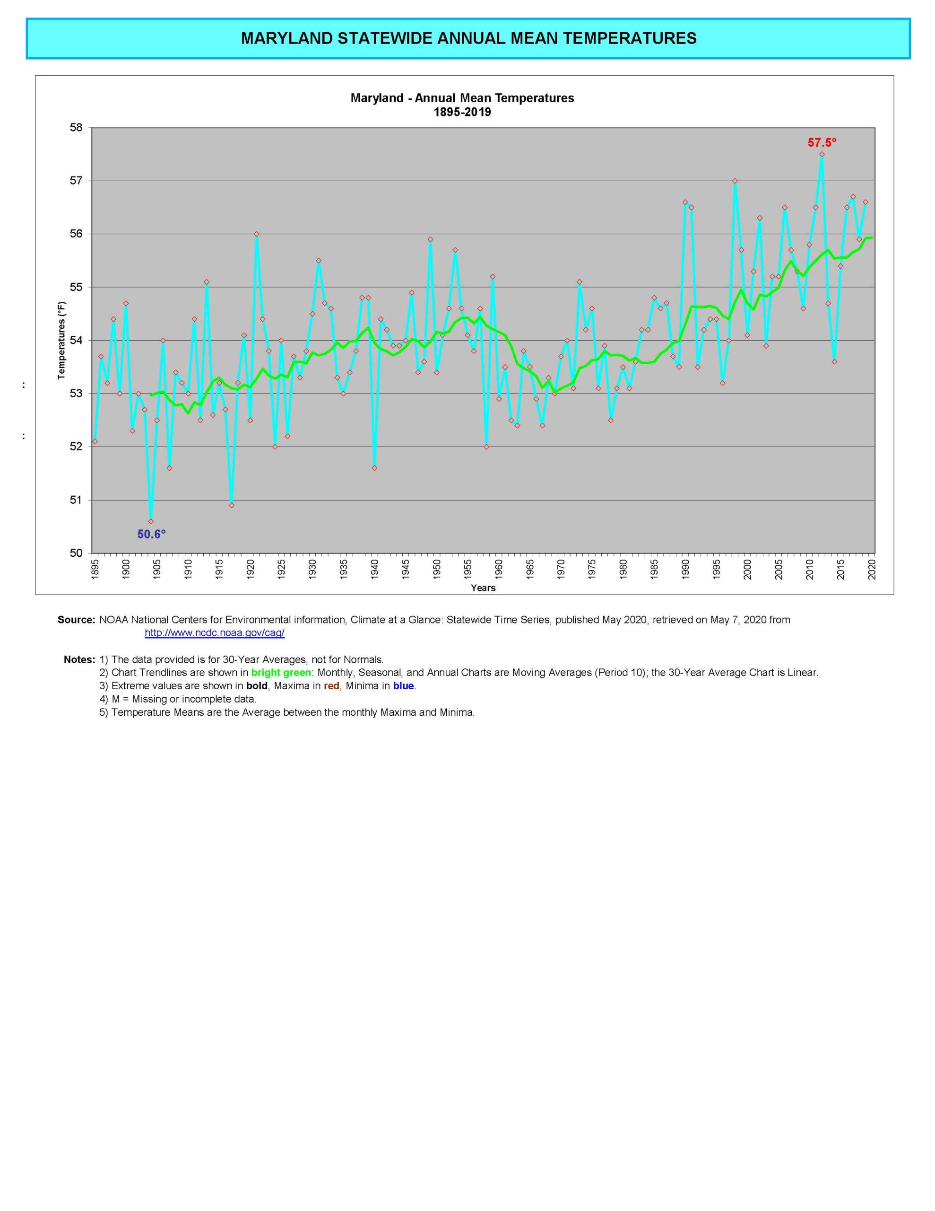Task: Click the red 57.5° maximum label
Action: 822,142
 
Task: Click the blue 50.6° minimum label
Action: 151,534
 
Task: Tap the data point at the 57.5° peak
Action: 822,154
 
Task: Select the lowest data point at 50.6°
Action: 151,521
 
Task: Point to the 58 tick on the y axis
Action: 77,128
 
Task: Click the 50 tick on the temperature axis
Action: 77,553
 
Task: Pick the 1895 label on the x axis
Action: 95,570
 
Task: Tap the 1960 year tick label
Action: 499,570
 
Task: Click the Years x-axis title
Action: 483,588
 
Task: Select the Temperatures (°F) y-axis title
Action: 61,341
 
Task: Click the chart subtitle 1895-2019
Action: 462,113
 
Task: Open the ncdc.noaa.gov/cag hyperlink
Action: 215,632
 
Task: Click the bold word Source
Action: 76,619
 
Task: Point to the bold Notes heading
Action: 79,659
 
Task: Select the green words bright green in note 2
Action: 281,673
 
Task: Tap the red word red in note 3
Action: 331,686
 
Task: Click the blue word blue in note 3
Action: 404,686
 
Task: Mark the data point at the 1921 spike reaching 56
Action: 256,234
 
